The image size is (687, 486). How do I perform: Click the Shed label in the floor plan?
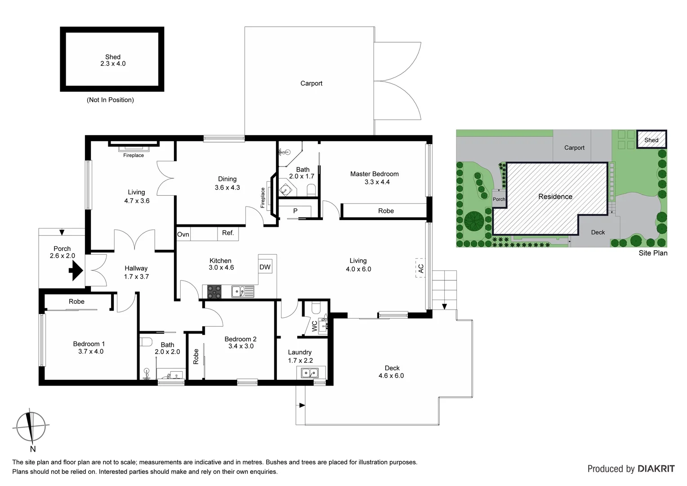coord(113,57)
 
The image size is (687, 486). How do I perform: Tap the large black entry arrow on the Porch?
coord(75,271)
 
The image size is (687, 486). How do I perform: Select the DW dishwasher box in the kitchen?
coord(265,267)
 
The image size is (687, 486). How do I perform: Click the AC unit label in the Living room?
coord(421,268)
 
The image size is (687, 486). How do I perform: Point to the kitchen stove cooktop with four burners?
coord(214,292)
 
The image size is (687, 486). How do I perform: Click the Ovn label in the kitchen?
coord(183,234)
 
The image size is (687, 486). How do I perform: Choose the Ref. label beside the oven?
coord(228,233)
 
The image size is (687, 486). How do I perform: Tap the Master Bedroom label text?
coord(374,174)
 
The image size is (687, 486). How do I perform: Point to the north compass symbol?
coord(31,427)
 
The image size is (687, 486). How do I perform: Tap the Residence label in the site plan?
coord(555,197)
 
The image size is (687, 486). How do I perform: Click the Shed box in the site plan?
coord(651,140)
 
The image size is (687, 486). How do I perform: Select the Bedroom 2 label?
coord(241,339)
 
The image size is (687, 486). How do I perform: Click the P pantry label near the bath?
coord(295,211)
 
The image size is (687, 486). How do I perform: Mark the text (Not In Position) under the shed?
coord(110,100)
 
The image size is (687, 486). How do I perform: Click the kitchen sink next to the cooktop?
coord(242,292)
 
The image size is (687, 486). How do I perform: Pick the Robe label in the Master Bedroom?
coord(386,211)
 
